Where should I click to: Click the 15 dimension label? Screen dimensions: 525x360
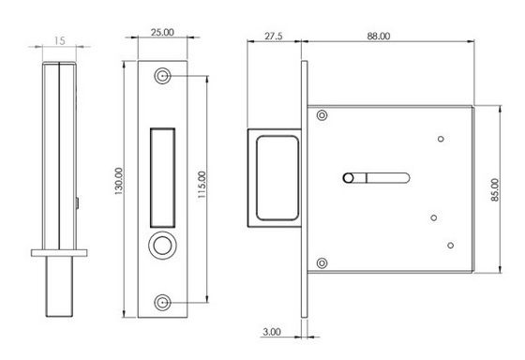59,41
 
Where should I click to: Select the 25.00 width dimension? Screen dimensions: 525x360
162,33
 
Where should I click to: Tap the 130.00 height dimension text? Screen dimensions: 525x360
118,181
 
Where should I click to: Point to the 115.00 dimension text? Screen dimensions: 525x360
202,185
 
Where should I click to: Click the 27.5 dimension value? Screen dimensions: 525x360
274,37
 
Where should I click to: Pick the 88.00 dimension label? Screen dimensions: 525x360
379,37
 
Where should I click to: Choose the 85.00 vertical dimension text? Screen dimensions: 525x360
495,189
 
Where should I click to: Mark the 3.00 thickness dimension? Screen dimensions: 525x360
272,332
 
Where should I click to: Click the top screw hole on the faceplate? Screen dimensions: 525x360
162,76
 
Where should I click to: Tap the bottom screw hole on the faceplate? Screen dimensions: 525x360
162,303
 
